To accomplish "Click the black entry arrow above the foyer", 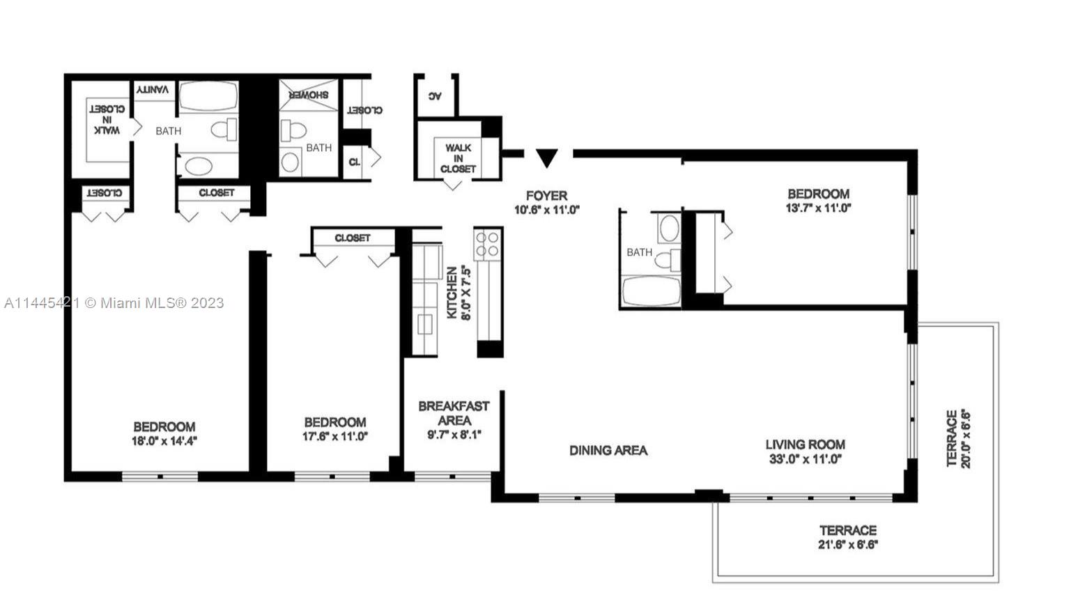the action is click(547, 158).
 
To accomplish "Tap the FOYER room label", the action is click(547, 195).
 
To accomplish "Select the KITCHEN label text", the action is click(452, 293).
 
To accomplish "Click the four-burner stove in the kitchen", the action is click(488, 244).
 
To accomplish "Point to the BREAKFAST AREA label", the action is click(454, 413).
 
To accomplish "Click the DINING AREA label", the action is click(608, 450).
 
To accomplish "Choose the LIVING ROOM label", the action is click(805, 445).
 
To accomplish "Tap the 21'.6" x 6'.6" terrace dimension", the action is click(848, 545).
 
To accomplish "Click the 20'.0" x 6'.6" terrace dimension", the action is click(966, 438).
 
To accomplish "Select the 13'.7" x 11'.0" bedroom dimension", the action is click(819, 208).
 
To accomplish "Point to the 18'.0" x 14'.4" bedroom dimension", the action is click(164, 440).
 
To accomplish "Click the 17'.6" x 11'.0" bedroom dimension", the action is click(335, 436).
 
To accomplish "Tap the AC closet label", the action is click(435, 95).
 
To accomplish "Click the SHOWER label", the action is click(309, 95).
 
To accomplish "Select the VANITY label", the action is click(153, 89).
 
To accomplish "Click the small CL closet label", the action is click(354, 162).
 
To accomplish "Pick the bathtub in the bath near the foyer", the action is click(651, 291).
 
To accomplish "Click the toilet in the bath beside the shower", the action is click(293, 130).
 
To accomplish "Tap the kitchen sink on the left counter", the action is click(424, 323).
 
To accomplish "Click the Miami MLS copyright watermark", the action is click(114, 302).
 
